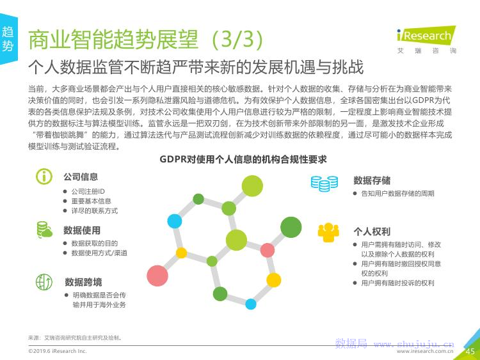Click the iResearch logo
[x=426, y=40]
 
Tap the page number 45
[x=470, y=352]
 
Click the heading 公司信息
[x=81, y=176]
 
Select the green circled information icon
[x=44, y=176]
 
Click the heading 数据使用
[x=82, y=230]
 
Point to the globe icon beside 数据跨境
[x=44, y=282]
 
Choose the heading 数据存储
[x=372, y=180]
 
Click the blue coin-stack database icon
[x=324, y=184]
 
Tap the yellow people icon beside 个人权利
[x=328, y=233]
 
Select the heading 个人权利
[x=372, y=231]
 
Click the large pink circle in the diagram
[x=157, y=276]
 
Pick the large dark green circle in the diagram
[x=291, y=227]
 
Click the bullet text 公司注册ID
[x=88, y=191]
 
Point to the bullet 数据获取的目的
[x=95, y=244]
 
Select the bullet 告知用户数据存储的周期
[x=397, y=193]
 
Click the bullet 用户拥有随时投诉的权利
[x=397, y=283]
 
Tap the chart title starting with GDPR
[x=243, y=159]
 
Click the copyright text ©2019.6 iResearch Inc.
[x=58, y=351]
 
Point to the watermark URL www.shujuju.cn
[x=414, y=345]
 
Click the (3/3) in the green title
[x=237, y=39]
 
